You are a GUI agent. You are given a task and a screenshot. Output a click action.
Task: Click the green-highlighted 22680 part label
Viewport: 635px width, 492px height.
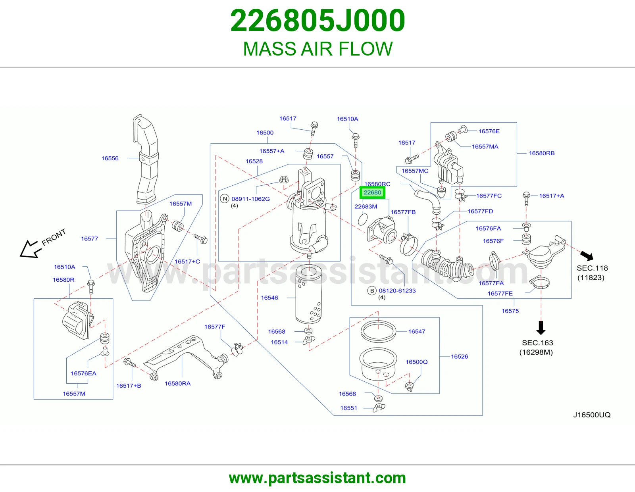[x=372, y=192]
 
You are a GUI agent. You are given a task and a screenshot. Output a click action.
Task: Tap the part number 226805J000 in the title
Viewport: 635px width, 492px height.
[x=317, y=21]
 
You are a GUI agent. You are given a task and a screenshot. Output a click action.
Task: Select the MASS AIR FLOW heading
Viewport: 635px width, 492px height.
[x=317, y=49]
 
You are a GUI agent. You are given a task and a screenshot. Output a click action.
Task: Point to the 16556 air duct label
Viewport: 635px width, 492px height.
[x=110, y=158]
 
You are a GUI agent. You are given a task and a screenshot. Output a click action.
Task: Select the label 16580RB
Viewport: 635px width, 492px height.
[x=541, y=153]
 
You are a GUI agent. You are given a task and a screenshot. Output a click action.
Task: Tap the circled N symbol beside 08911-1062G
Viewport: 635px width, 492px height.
[x=225, y=199]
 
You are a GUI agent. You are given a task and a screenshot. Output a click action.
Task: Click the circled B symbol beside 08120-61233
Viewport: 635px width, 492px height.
[x=372, y=291]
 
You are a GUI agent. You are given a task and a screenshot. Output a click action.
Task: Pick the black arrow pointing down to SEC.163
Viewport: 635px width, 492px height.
[x=541, y=328]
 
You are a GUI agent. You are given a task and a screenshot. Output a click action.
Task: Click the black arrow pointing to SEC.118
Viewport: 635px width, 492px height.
[x=587, y=256]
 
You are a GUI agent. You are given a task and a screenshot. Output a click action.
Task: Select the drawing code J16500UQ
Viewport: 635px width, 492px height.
[x=592, y=415]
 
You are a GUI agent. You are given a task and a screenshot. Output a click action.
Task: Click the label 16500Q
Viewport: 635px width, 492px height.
[x=416, y=362]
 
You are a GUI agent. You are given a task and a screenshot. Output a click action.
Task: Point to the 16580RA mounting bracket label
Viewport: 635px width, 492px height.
[x=177, y=383]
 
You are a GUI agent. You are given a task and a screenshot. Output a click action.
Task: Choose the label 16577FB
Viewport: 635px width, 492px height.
[x=403, y=212]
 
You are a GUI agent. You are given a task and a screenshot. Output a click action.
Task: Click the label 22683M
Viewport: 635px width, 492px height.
[x=366, y=207]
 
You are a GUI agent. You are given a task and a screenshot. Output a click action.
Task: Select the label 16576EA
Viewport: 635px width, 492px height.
[x=83, y=373]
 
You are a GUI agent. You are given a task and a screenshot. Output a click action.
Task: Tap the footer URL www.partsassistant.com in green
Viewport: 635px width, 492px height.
[x=317, y=478]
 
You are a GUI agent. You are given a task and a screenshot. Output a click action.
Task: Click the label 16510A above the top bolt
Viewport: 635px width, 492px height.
[x=347, y=119]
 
